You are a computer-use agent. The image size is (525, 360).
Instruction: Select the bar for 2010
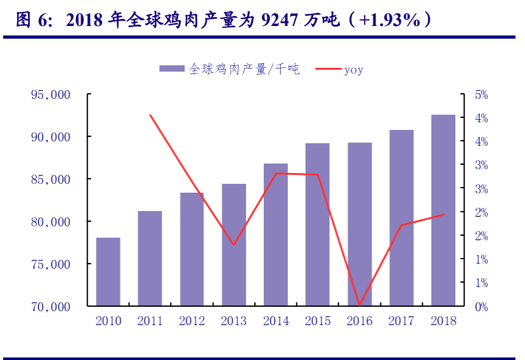[x=108, y=272]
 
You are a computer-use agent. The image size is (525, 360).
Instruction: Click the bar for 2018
[x=443, y=210]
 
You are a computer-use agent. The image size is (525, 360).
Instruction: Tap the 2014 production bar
[x=276, y=235]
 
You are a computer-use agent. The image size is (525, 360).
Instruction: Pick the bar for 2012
[x=192, y=249]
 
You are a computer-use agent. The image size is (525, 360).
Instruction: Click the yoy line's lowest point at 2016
[x=360, y=305]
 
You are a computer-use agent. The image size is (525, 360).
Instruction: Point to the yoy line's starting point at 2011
[x=150, y=115]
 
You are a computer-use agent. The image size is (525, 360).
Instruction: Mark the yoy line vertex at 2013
[x=234, y=245]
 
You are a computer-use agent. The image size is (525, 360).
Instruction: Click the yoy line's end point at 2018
[x=443, y=214]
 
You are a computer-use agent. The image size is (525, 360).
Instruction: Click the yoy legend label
[x=354, y=70]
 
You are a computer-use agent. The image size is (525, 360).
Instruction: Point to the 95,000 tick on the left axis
[x=50, y=95]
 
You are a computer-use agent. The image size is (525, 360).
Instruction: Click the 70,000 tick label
[x=50, y=307]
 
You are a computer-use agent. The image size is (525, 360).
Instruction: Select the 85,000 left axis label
[x=50, y=179]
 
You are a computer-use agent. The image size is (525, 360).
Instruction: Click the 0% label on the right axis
[x=482, y=307]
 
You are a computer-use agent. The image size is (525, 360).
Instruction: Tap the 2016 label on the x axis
[x=360, y=321]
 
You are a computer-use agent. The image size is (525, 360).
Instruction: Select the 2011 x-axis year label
[x=150, y=321]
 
